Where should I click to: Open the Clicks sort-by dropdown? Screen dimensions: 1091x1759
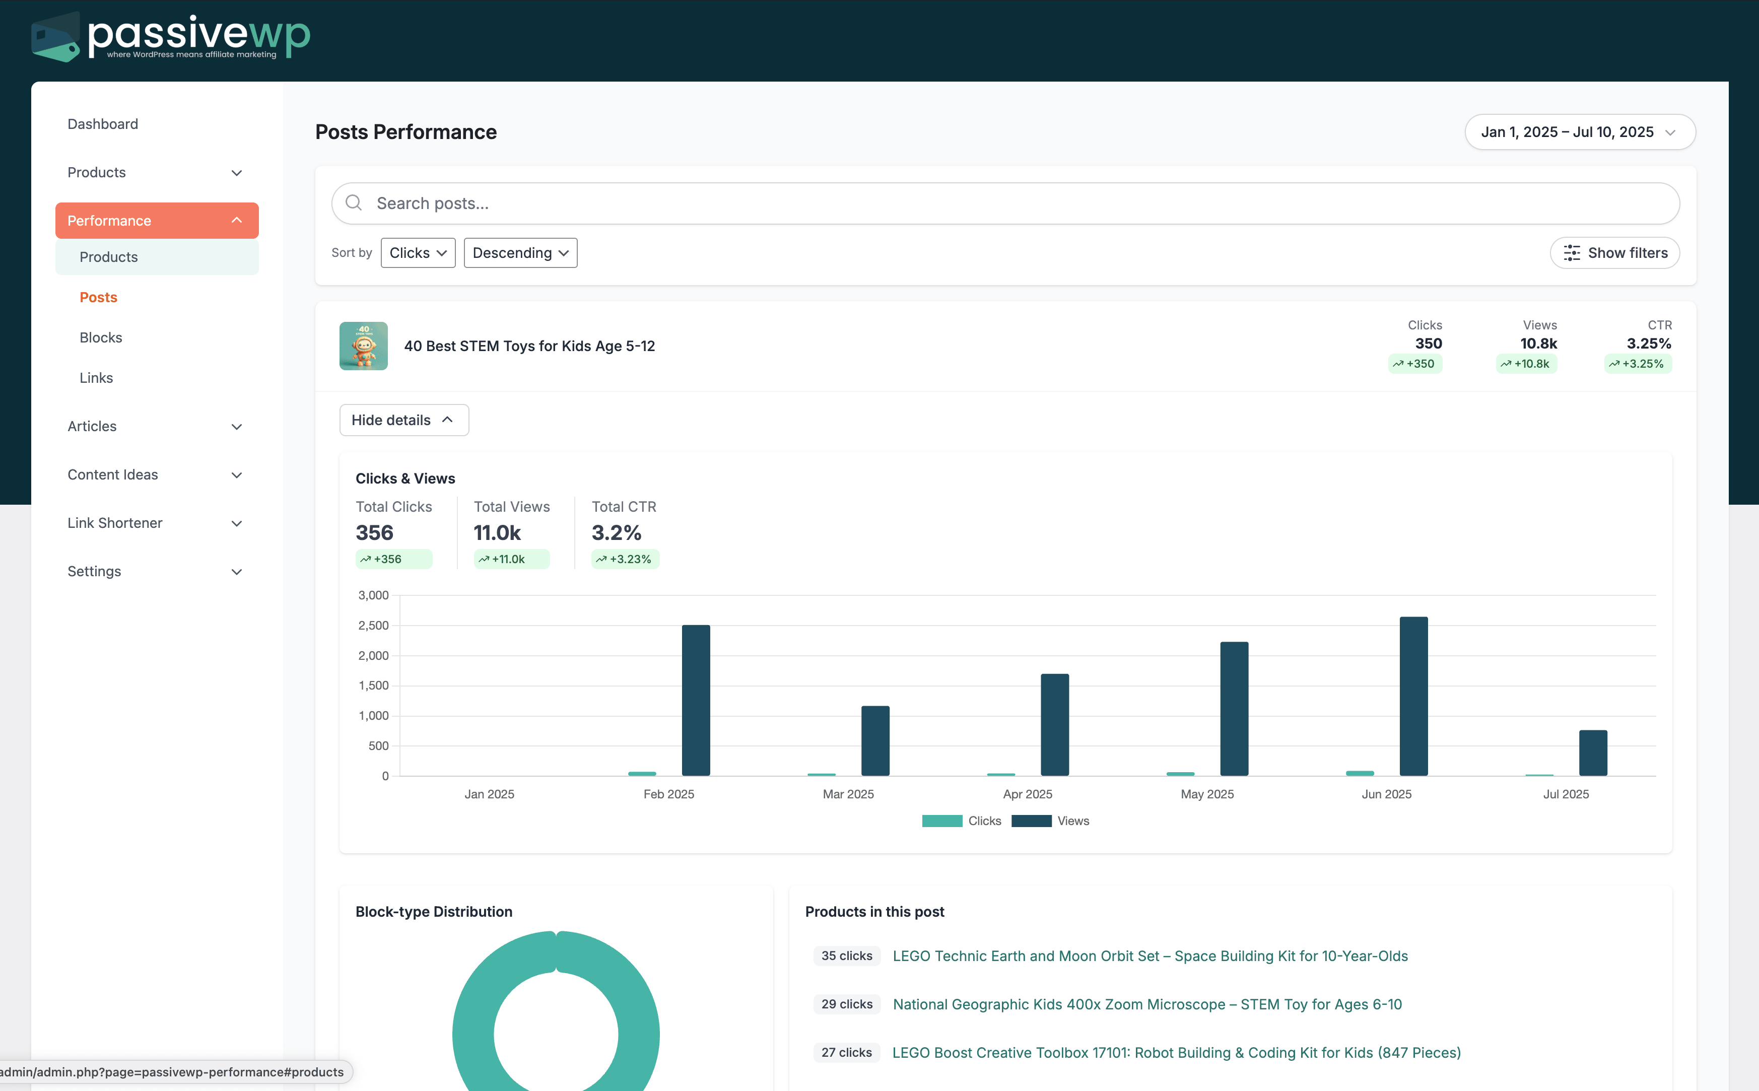418,252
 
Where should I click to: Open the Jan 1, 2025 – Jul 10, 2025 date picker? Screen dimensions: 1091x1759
1579,132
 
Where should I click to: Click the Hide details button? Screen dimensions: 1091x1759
403,420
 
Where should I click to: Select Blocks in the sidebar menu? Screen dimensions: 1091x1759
101,337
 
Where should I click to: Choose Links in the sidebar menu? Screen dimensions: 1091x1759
96,378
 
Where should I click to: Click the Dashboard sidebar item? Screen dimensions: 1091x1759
102,124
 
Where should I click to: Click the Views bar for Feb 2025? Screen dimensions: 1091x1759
696,700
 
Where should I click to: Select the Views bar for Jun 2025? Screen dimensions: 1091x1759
1412,696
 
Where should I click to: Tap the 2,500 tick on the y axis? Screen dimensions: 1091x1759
373,626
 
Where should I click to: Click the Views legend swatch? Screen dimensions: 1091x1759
1031,821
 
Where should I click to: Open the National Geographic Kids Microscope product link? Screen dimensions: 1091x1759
1146,1004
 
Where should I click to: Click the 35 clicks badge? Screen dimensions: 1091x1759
846,956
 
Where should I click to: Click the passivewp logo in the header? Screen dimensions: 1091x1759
171,36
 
